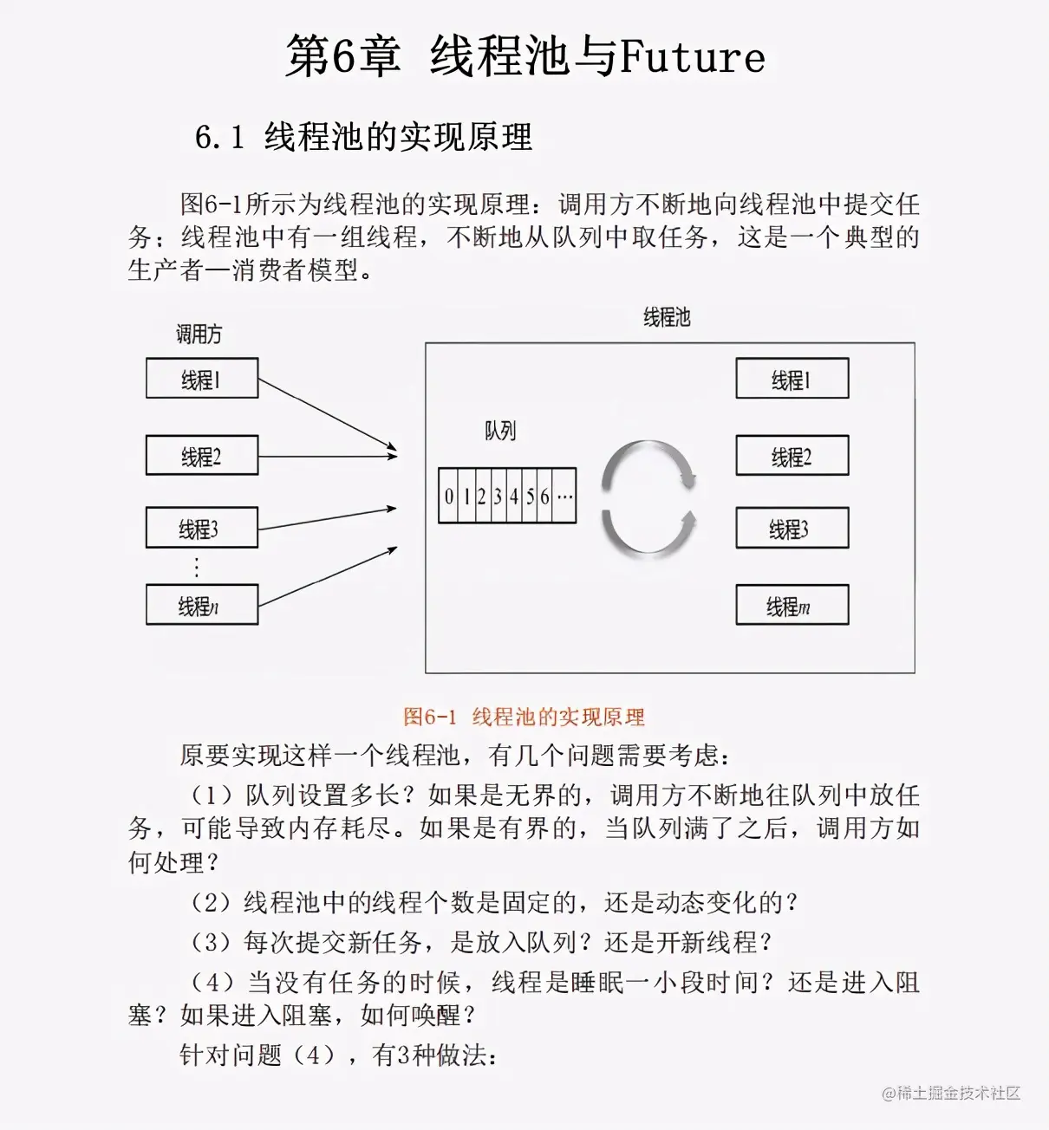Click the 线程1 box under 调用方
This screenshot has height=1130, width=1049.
tap(202, 379)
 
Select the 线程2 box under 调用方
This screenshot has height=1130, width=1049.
tap(202, 456)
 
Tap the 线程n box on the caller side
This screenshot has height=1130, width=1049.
tap(202, 605)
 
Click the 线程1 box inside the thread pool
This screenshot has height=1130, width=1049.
tap(792, 379)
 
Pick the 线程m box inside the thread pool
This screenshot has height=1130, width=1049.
tap(792, 605)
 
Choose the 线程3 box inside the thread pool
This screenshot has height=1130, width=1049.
tap(792, 529)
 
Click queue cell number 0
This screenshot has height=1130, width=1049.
tap(448, 497)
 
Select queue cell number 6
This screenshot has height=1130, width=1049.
tap(544, 497)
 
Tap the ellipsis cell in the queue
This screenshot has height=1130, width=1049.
tap(564, 497)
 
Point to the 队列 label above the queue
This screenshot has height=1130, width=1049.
tap(500, 431)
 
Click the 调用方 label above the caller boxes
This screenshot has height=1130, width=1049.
tap(199, 334)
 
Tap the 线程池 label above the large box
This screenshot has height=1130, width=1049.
tap(667, 317)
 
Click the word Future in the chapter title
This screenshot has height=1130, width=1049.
tap(692, 57)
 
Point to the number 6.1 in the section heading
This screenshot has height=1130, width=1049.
tap(218, 137)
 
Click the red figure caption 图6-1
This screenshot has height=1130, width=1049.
tap(429, 717)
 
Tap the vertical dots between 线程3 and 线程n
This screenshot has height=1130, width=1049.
tap(197, 568)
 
